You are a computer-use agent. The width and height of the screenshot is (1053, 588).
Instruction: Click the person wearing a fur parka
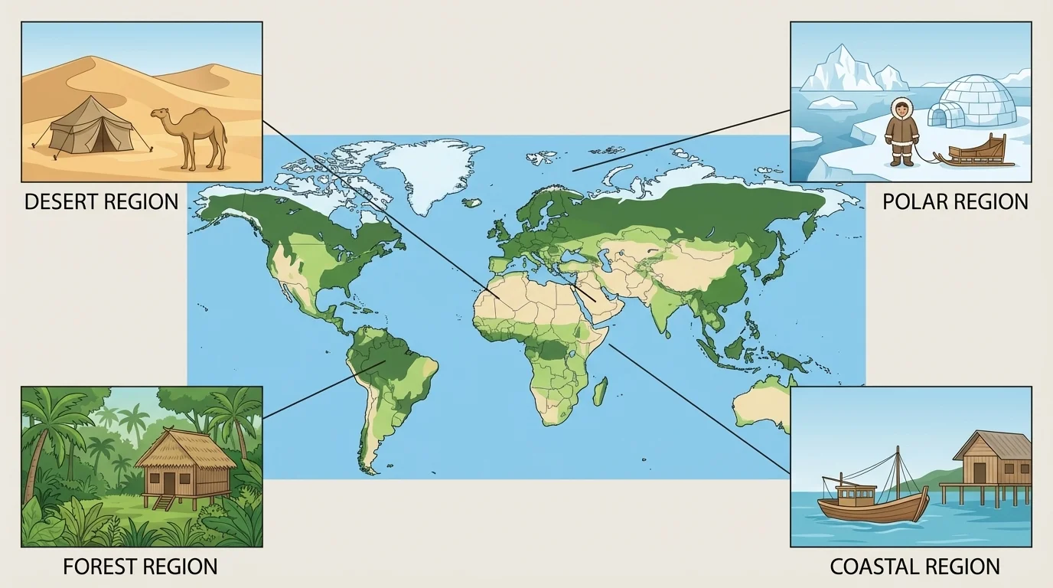[901, 131]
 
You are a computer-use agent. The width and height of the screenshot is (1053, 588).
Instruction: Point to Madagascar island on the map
[601, 391]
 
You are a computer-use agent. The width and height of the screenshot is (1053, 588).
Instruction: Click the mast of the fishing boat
[897, 475]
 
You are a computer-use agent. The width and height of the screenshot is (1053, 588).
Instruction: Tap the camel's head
[159, 115]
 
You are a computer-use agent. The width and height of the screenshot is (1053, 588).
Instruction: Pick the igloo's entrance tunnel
[940, 116]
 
